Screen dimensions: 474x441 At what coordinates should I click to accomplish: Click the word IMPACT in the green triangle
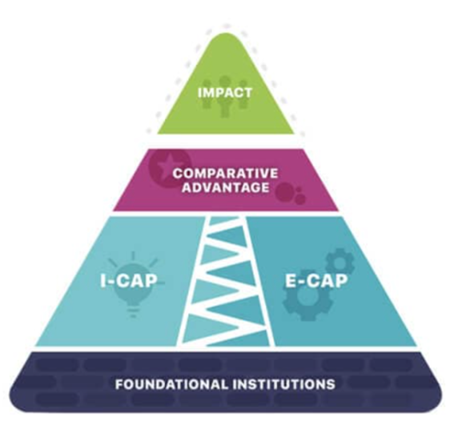pyautogui.click(x=225, y=93)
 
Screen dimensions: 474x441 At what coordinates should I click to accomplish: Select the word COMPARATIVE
pyautogui.click(x=225, y=174)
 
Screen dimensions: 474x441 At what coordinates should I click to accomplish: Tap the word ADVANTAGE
pyautogui.click(x=226, y=187)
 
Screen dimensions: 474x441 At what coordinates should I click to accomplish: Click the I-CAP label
pyautogui.click(x=129, y=280)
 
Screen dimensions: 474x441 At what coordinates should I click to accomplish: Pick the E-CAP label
pyautogui.click(x=316, y=280)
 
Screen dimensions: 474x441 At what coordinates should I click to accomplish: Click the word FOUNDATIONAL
pyautogui.click(x=171, y=384)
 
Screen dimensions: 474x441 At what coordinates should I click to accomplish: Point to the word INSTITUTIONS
pyautogui.click(x=284, y=384)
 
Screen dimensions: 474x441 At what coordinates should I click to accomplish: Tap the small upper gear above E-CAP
pyautogui.click(x=340, y=262)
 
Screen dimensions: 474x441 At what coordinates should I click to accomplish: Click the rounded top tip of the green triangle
pyautogui.click(x=226, y=34)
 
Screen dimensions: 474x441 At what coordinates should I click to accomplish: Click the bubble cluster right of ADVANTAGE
pyautogui.click(x=291, y=194)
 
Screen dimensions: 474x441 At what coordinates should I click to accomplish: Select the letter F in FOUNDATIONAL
pyautogui.click(x=119, y=384)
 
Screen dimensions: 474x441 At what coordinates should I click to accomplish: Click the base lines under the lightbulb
pyautogui.click(x=133, y=312)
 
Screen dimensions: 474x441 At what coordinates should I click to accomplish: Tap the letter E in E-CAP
pyautogui.click(x=291, y=280)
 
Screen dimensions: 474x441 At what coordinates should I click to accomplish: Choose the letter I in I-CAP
pyautogui.click(x=103, y=280)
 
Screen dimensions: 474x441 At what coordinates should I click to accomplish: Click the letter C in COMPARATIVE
pyautogui.click(x=178, y=174)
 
